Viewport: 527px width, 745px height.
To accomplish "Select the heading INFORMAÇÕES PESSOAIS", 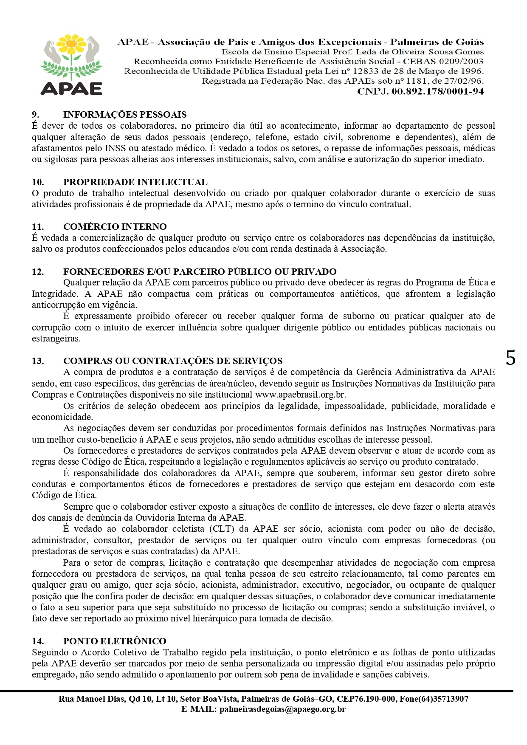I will (125, 115).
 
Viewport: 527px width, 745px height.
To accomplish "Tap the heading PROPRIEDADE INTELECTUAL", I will (135, 182).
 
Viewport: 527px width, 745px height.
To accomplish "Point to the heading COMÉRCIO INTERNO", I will (115, 227).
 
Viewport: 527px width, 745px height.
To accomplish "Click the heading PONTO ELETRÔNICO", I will (115, 641).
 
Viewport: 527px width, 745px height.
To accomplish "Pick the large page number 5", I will (510, 358).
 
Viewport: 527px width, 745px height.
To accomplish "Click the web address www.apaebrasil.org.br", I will (300, 395).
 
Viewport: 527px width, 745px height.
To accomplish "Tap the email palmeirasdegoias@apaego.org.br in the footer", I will (282, 709).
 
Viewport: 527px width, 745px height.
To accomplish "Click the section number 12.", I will (38, 272).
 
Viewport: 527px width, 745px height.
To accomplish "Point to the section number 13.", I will (38, 361).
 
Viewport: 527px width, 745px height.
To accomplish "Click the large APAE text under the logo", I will (71, 88).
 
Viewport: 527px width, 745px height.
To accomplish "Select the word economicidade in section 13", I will (62, 417).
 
